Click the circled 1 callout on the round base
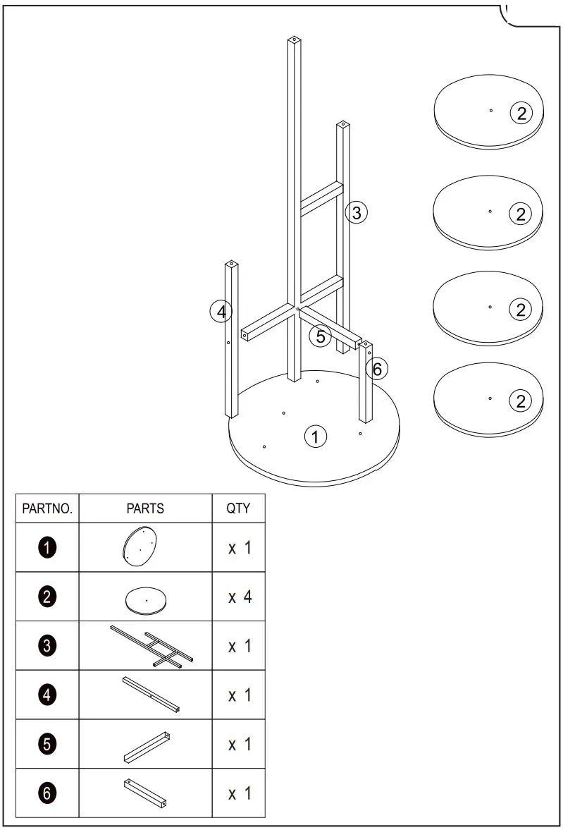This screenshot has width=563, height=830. coord(315,437)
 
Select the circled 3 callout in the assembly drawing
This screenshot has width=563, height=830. coord(357,212)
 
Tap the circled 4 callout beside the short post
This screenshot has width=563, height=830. coord(221,310)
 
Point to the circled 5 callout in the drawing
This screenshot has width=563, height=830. coord(321,336)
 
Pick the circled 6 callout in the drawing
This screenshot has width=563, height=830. coord(377,368)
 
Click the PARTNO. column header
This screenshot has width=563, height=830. coord(47,508)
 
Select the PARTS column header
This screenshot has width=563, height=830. coord(145,508)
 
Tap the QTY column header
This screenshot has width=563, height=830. coord(238,508)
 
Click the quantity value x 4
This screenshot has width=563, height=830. coord(240,597)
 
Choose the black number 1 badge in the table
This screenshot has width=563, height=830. coord(47,548)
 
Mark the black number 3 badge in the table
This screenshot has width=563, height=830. coord(47,645)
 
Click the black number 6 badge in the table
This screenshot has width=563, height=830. coord(47,793)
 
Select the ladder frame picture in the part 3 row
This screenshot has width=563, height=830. coord(151,646)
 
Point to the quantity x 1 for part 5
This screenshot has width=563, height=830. coord(240,744)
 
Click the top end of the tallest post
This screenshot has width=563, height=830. coord(294,41)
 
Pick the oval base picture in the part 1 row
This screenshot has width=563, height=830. coord(139,547)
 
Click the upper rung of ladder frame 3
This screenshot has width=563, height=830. coord(321,195)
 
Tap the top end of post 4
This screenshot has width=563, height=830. coord(232,265)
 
